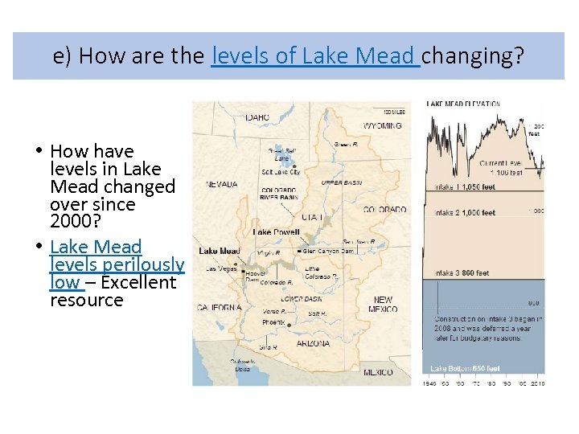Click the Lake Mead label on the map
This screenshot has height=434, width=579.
pos(219,252)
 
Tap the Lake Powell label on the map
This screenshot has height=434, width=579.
pos(276,232)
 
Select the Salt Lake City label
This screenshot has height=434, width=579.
pos(281,172)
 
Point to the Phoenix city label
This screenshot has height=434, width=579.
pos(273,322)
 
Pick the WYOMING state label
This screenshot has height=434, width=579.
pos(383,126)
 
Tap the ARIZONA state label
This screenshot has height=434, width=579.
pos(313,343)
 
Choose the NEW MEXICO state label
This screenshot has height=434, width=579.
pos(384,305)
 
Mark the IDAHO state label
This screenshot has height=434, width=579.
pos(257,117)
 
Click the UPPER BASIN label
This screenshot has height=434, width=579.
pos(342,183)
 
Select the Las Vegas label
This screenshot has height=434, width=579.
pos(221,268)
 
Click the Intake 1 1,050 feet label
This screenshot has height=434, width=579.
pos(466,187)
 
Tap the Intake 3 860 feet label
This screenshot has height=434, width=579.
pos(462,273)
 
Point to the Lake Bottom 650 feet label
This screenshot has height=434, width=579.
pos(465,369)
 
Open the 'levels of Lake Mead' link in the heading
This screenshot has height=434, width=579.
pos(314,56)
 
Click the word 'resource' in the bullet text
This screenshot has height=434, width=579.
pos(87,301)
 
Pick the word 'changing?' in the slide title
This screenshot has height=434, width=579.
pos(474,56)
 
